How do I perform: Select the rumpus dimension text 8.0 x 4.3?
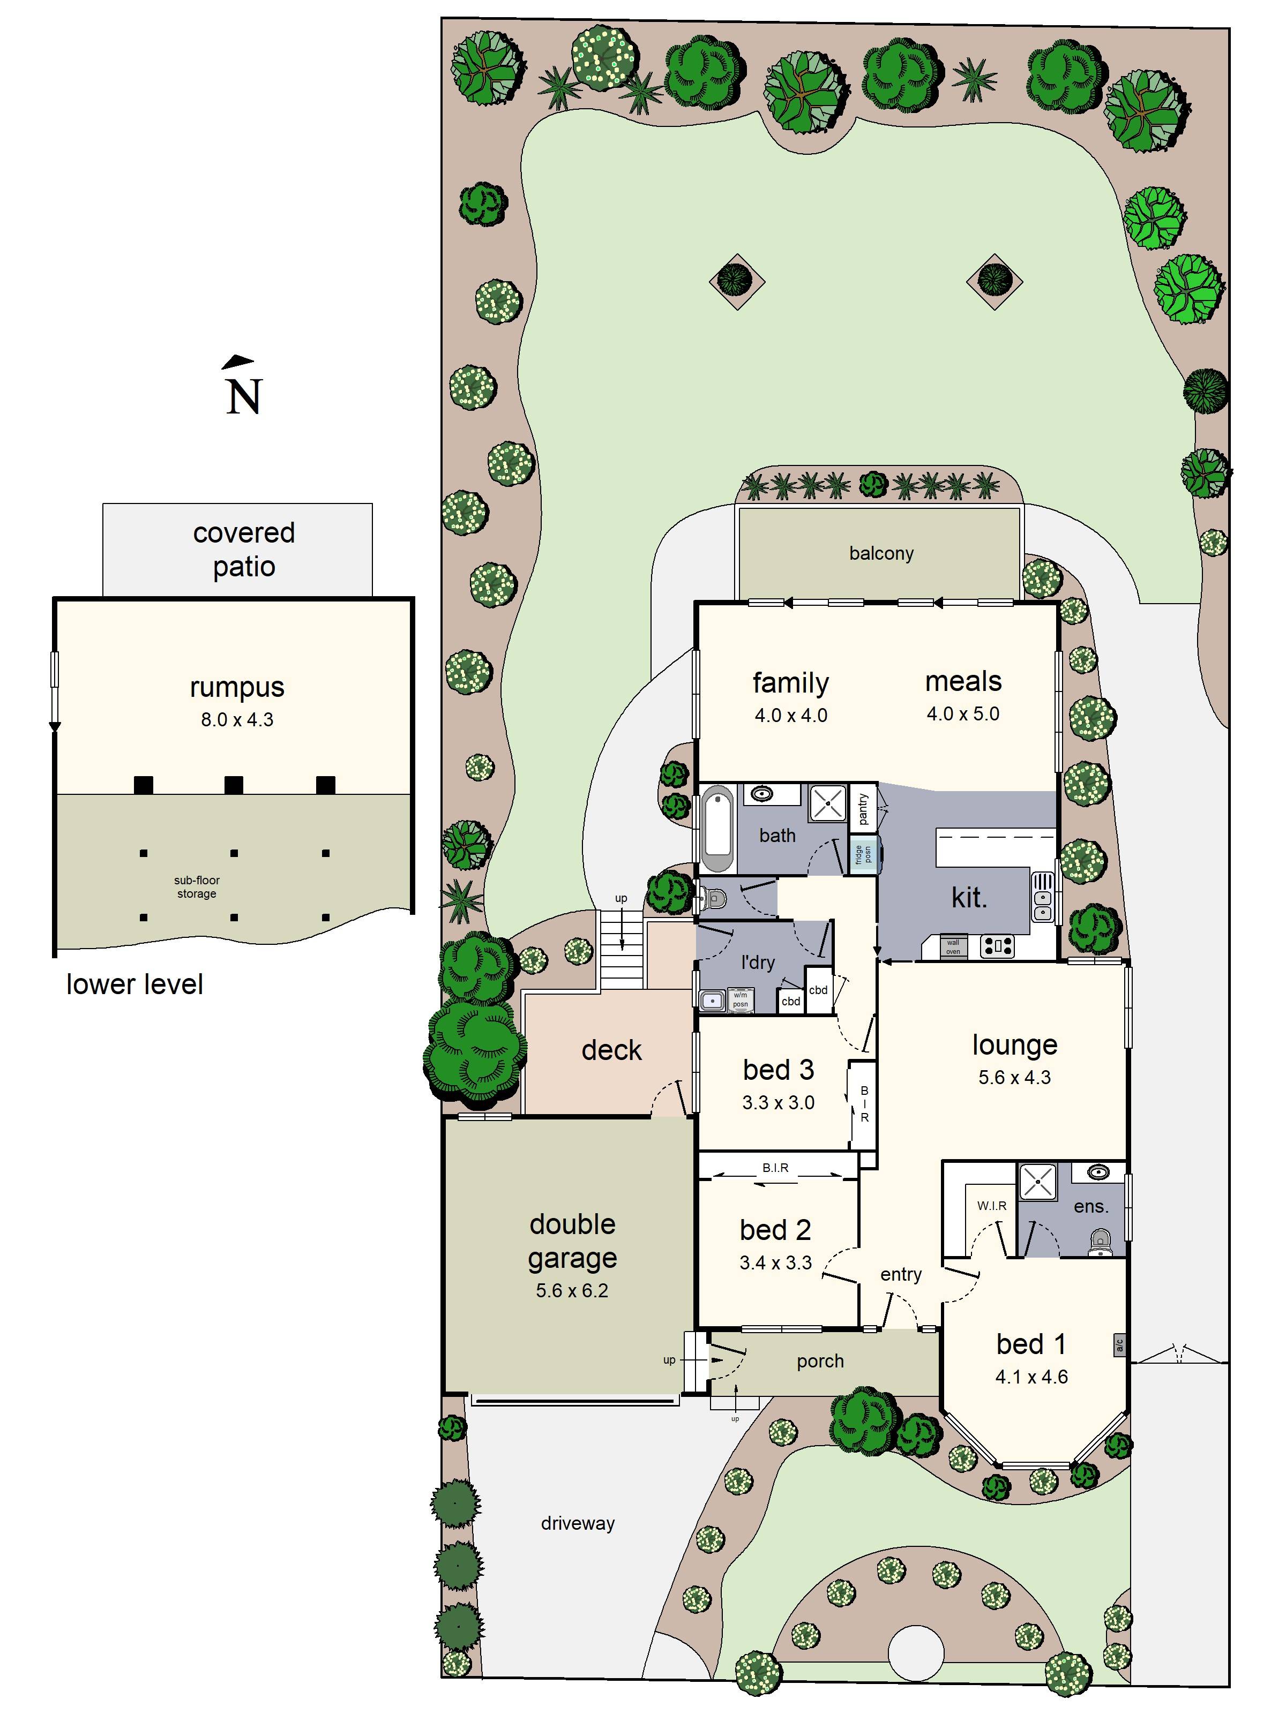point(237,720)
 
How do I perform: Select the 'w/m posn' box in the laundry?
point(741,999)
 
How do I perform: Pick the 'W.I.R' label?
point(991,1206)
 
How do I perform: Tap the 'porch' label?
point(820,1360)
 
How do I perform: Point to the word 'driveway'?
point(578,1523)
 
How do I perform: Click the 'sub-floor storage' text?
point(196,886)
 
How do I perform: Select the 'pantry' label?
point(863,808)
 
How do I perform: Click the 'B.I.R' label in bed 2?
point(775,1168)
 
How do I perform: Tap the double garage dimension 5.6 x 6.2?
point(572,1290)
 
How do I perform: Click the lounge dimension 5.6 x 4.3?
point(1014,1077)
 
